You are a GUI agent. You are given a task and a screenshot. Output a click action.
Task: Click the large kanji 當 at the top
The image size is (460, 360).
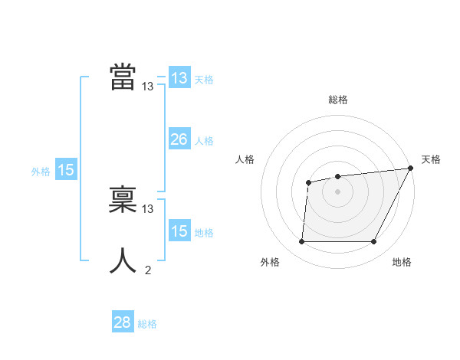coord(123,77)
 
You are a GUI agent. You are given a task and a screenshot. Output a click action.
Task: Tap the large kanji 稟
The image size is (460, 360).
coord(123,199)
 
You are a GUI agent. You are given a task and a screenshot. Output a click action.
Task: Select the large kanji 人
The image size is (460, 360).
coord(123,260)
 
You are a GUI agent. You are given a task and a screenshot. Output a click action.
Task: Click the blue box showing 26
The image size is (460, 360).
coord(179,139)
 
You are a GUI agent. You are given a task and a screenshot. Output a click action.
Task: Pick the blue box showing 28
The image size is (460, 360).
coord(123,322)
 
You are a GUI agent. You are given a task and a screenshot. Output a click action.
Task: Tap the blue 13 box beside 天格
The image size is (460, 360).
coord(179,78)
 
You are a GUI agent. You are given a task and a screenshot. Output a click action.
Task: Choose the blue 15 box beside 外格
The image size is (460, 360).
coord(66,170)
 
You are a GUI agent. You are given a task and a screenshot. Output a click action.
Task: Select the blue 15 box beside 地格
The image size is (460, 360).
coord(179,231)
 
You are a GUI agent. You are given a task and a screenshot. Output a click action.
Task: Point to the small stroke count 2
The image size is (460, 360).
coord(148,270)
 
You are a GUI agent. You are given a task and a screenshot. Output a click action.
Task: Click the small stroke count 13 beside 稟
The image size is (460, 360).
coord(148,208)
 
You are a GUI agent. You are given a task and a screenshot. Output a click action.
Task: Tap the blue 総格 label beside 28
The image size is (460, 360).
coord(147,324)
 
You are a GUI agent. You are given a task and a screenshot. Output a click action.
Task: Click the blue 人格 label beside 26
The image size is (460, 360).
coord(204,141)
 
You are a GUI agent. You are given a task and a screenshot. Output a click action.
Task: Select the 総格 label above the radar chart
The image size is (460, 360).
coord(337,100)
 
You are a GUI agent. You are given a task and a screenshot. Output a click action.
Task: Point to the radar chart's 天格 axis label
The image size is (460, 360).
coord(431,159)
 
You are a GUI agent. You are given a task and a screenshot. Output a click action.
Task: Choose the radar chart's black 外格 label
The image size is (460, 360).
coord(270,263)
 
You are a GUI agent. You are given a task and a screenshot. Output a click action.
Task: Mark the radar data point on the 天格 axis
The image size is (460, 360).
coord(411,169)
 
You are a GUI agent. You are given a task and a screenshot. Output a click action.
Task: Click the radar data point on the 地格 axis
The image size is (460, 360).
coord(374,242)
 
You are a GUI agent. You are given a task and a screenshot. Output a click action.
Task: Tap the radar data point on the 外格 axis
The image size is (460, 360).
coord(301,242)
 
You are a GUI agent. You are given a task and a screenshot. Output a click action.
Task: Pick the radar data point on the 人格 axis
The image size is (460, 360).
coord(308,182)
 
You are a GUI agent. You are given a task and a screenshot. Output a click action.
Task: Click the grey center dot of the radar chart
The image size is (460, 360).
coord(337,191)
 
